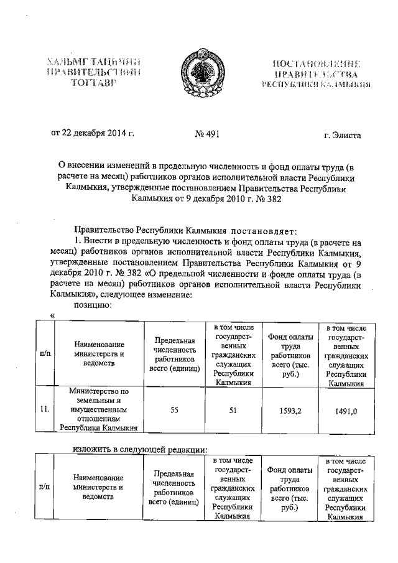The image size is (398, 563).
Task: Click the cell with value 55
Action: pos(175,409)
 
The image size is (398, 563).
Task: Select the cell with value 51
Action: pos(233,409)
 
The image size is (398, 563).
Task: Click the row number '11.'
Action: pos(45,409)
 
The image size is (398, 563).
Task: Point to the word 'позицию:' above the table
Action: pos(93,305)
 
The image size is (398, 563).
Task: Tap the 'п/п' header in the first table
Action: pos(45,353)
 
